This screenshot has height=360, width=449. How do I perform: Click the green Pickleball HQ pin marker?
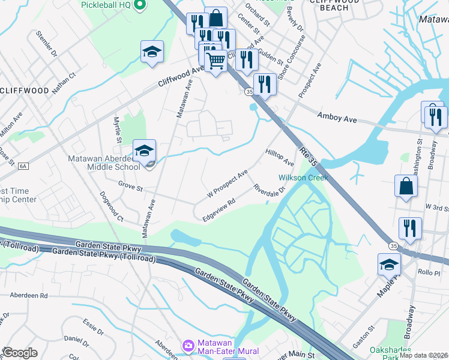pyautogui.click(x=140, y=5)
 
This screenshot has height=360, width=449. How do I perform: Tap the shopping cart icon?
pyautogui.click(x=215, y=61)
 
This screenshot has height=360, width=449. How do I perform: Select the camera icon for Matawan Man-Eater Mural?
pyautogui.click(x=188, y=346)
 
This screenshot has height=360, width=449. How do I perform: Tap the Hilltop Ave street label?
pyautogui.click(x=279, y=158)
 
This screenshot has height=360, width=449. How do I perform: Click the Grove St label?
pyautogui.click(x=130, y=188)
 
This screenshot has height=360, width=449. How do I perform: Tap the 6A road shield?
pyautogui.click(x=23, y=166)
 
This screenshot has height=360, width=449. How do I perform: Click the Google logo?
pyautogui.click(x=19, y=353)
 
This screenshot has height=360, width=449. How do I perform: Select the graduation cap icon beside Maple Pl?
pyautogui.click(x=389, y=264)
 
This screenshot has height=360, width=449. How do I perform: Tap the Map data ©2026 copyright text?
pyautogui.click(x=424, y=355)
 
